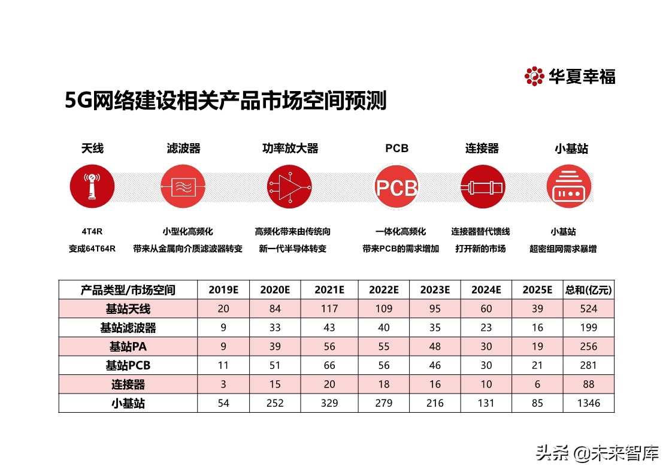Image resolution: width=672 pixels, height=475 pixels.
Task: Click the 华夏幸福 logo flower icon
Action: [x=534, y=76]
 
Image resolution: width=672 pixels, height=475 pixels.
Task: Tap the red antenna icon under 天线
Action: [x=92, y=186]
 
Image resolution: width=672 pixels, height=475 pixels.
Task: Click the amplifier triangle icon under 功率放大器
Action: [x=290, y=186]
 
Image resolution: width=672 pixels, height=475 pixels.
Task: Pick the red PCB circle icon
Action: [x=396, y=186]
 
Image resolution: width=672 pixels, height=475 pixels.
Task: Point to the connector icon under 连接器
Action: [x=482, y=186]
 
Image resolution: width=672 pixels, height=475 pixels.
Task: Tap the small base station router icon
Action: [x=569, y=186]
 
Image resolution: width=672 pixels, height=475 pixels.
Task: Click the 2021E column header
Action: [x=329, y=290]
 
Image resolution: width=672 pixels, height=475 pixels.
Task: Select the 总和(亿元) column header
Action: [x=588, y=290]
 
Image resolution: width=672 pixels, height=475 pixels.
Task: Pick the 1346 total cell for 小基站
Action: [x=588, y=404]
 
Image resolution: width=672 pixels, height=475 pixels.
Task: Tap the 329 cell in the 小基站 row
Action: [x=329, y=404]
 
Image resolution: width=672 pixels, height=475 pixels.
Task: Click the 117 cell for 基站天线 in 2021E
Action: [x=329, y=309]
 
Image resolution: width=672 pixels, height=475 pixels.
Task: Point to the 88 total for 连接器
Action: [x=588, y=385]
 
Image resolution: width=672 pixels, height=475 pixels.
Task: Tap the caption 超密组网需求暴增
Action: [x=563, y=249]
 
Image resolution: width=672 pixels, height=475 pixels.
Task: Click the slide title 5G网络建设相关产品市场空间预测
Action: [x=226, y=101]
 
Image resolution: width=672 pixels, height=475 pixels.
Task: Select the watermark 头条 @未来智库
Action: [x=597, y=452]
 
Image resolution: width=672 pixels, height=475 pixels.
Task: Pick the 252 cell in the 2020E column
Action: [x=275, y=404]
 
